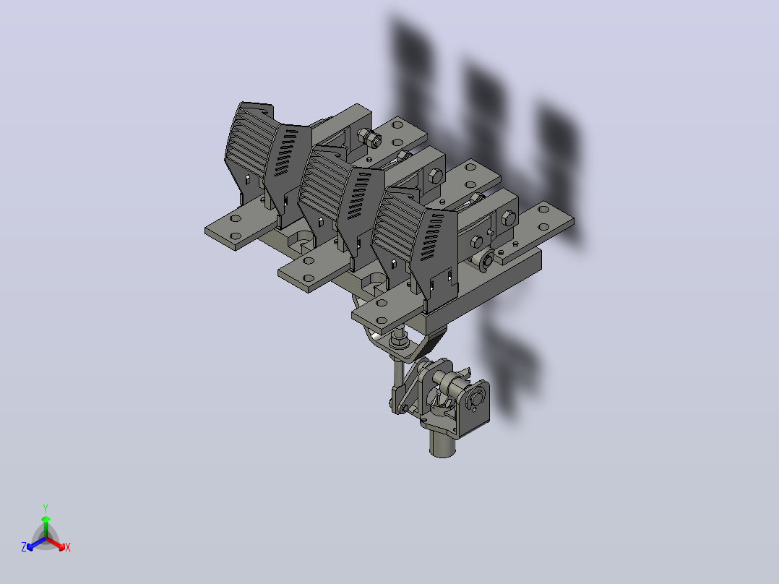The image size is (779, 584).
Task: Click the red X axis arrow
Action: (56, 544)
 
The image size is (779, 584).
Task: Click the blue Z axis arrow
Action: (36, 544)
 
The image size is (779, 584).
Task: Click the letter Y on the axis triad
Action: (46, 508)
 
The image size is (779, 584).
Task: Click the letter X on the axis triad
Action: (68, 547)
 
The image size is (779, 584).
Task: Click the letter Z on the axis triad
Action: (23, 547)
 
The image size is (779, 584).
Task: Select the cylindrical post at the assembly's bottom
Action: (442, 443)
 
